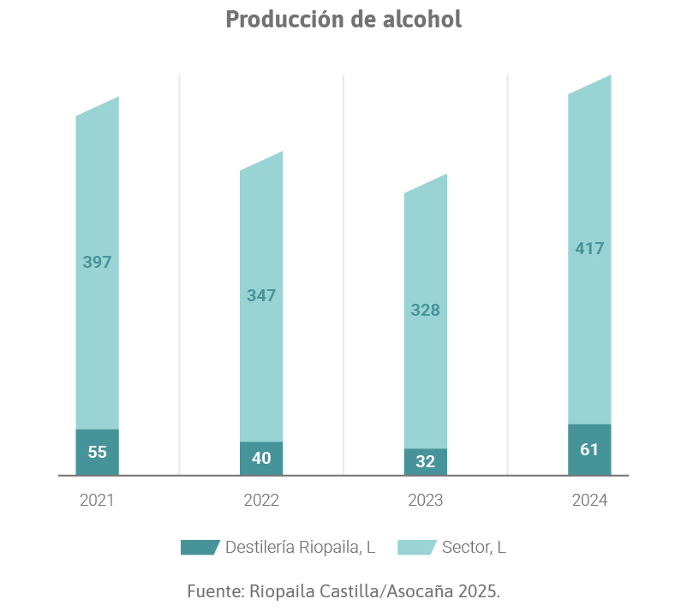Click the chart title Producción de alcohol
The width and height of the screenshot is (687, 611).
(343, 19)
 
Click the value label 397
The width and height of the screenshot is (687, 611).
(97, 263)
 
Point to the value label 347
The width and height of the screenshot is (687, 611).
(261, 295)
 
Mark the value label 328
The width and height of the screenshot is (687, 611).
(425, 310)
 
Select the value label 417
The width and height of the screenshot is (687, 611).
(589, 249)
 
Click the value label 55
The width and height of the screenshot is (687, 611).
(97, 452)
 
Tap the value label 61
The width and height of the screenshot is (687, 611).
(589, 449)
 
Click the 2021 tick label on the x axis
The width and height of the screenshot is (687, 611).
(97, 501)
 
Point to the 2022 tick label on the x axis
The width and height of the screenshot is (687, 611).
(261, 501)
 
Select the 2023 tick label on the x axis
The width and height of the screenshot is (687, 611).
(425, 501)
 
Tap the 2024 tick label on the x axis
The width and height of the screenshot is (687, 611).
(589, 501)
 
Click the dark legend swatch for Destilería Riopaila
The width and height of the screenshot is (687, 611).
(200, 548)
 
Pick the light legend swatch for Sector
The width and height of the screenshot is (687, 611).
(417, 548)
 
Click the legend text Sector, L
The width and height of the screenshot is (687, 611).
(474, 548)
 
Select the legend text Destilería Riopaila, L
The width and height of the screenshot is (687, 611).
(300, 548)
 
